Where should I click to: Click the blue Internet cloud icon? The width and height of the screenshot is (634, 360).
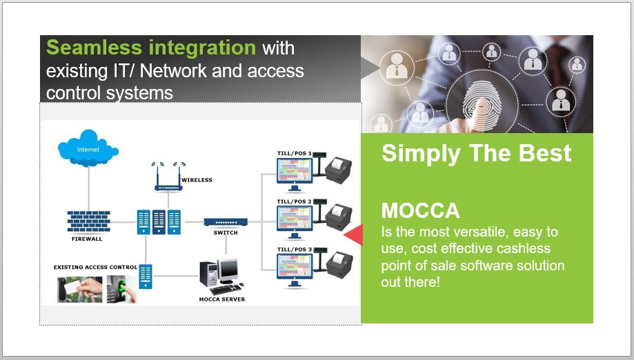click(88, 147)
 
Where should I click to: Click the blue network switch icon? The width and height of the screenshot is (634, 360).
click(225, 222)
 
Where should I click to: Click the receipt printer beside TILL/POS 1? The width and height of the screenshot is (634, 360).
click(339, 170)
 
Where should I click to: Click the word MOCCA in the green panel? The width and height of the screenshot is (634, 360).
click(420, 210)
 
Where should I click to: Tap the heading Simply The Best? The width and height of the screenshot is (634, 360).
click(476, 153)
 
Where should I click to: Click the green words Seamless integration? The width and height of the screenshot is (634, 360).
click(150, 48)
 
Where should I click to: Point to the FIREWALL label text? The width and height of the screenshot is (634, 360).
click(86, 239)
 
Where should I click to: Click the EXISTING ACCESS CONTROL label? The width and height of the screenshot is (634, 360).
click(95, 266)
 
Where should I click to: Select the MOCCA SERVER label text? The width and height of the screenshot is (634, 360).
click(221, 299)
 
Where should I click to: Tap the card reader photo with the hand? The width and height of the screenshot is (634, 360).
click(79, 290)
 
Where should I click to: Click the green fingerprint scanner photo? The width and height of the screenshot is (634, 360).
click(121, 290)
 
